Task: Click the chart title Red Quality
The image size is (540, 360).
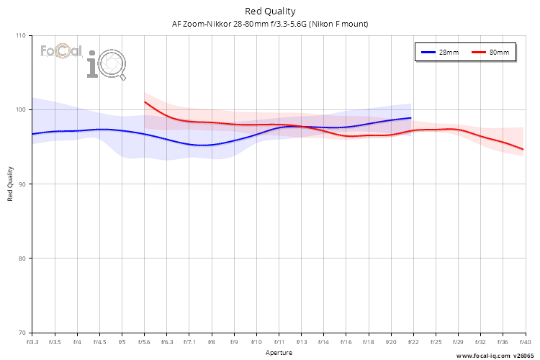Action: pos(270,11)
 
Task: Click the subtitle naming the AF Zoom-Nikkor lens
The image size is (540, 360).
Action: pos(270,24)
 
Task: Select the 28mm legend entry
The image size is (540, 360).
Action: pos(440,53)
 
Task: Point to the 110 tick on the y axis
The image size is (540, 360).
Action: pos(20,35)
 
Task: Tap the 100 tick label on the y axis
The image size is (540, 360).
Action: pos(20,109)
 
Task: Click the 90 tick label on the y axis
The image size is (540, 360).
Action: pos(22,184)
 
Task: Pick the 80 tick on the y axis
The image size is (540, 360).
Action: pos(22,258)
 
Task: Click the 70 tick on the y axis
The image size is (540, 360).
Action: pos(22,333)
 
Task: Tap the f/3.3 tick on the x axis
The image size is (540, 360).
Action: pos(32,342)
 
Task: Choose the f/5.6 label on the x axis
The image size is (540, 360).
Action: pos(144,342)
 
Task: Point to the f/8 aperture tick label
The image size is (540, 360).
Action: pos(211,342)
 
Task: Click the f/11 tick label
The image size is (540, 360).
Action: pos(279,342)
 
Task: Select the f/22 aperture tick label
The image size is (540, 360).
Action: pos(413,342)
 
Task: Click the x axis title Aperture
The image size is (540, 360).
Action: pos(279,353)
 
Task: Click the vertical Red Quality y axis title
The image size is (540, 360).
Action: pos(11,184)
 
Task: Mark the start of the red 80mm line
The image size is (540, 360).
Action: pos(145,102)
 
